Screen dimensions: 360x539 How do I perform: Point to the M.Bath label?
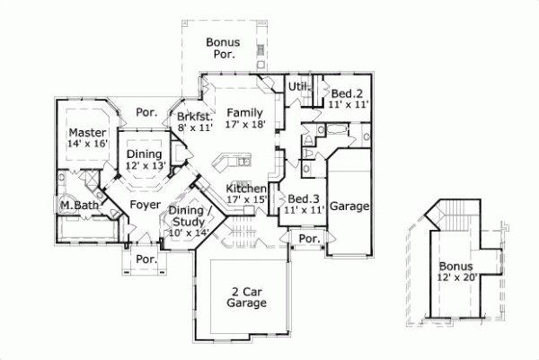[x=79, y=206]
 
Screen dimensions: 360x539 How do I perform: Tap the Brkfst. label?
[x=194, y=117]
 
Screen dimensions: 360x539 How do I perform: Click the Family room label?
[x=244, y=112]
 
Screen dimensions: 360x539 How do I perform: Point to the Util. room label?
[x=298, y=86]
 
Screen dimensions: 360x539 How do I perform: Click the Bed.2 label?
[x=346, y=93]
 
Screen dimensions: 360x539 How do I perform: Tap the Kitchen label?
[x=246, y=188]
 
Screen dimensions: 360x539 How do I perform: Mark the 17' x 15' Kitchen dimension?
[x=246, y=199]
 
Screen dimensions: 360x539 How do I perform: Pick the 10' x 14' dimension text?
[x=189, y=233]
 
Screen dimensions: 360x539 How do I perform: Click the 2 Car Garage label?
[x=246, y=297]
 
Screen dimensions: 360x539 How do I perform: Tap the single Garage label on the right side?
[x=349, y=206]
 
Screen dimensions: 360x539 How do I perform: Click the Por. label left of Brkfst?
[x=146, y=113]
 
